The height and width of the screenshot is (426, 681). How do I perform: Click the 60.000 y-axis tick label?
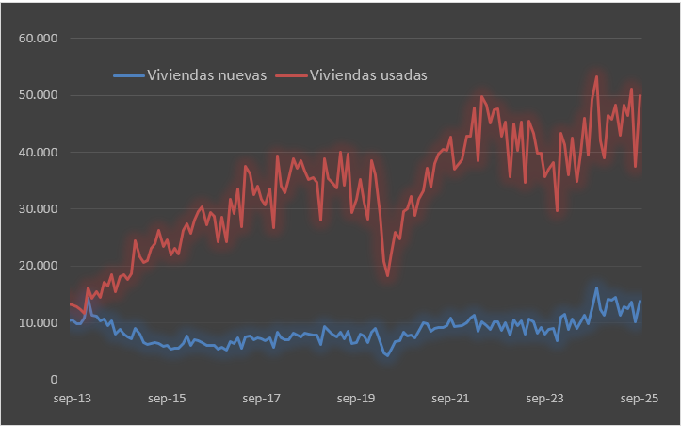point(39,39)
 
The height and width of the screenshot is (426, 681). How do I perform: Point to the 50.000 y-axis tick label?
point(39,95)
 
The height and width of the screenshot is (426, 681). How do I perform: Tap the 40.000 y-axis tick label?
point(39,152)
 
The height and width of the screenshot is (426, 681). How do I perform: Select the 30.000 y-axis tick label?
point(39,209)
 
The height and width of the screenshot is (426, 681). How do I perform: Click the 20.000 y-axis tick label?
point(39,266)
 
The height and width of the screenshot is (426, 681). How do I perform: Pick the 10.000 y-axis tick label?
point(39,323)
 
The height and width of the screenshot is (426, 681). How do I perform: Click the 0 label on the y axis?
point(55,380)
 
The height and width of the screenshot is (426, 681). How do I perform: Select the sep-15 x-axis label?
point(167,400)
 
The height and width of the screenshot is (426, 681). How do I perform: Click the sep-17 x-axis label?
point(262,400)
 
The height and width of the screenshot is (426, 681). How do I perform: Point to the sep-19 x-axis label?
point(357,400)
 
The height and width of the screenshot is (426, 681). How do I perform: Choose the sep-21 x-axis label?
point(451,400)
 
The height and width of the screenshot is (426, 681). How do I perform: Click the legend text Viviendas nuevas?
point(207,74)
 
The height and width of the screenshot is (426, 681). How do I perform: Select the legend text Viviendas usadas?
point(368,74)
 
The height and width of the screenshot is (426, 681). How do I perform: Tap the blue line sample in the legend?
point(128,74)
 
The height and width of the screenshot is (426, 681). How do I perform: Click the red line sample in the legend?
point(290,74)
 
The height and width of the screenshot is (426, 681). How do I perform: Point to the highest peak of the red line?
point(596,76)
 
